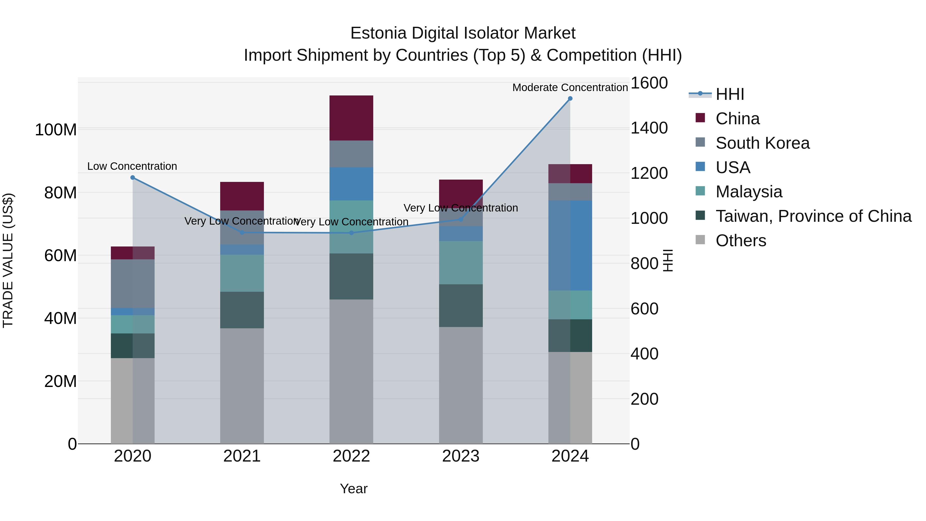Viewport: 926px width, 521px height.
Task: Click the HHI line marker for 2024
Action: (570, 99)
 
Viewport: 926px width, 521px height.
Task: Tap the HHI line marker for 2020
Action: (133, 178)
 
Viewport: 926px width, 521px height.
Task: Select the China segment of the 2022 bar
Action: (351, 118)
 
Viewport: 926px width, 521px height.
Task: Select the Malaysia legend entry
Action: (749, 192)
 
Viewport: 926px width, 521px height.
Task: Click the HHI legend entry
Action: (729, 94)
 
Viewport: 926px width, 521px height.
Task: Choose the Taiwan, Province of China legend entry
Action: (813, 216)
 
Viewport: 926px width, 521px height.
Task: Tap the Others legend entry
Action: (741, 241)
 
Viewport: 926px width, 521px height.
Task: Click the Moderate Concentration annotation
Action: (570, 87)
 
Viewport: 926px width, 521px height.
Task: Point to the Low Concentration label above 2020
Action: (132, 166)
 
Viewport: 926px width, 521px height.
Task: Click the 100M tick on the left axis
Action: (56, 129)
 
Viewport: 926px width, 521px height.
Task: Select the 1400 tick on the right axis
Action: (649, 128)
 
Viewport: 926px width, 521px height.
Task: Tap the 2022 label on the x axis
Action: (351, 456)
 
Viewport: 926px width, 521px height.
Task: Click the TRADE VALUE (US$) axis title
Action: (8, 260)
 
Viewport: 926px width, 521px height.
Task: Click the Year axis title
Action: (354, 489)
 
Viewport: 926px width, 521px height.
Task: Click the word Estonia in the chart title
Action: (379, 33)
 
